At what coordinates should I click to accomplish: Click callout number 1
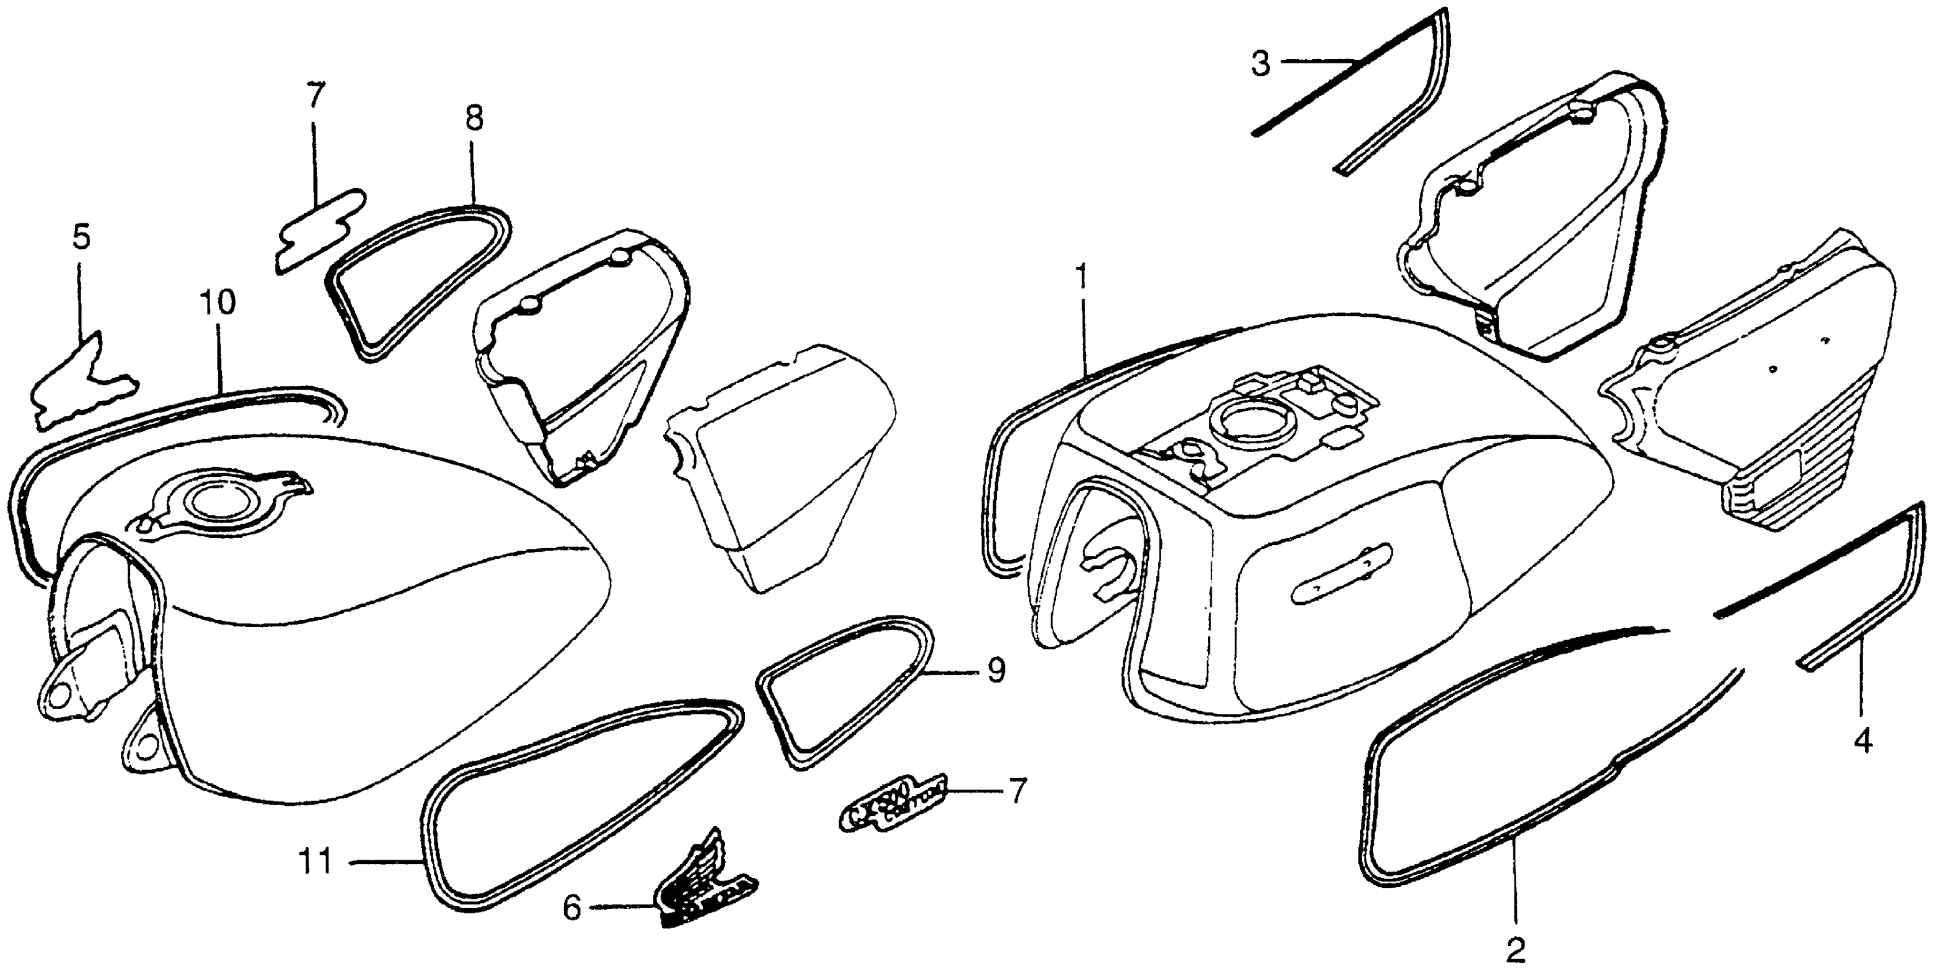pos(1081,277)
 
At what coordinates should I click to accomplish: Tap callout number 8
pos(474,118)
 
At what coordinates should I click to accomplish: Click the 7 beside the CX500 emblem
pos(1016,791)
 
